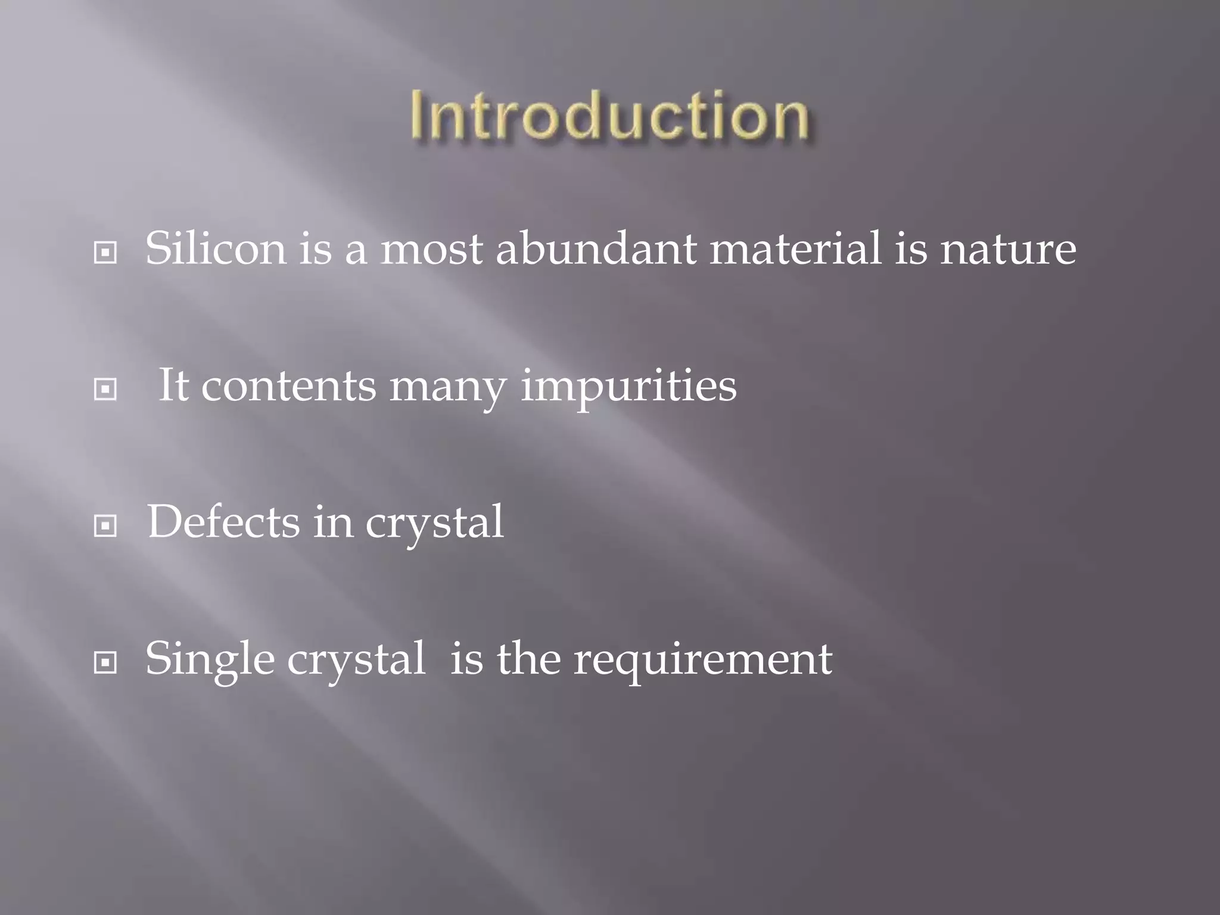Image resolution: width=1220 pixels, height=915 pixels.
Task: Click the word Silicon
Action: (x=216, y=248)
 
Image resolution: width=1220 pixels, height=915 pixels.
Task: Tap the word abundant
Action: (x=596, y=248)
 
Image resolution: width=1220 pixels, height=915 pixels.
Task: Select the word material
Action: (x=795, y=248)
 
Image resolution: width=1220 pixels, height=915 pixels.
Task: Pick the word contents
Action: (x=289, y=386)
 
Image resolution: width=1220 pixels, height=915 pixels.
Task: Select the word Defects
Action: (x=223, y=522)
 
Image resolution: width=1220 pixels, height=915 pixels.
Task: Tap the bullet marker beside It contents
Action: (x=105, y=390)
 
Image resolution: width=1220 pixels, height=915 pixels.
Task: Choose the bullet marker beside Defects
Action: (x=105, y=526)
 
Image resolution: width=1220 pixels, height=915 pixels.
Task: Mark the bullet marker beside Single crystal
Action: (x=105, y=662)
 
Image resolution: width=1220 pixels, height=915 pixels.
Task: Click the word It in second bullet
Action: (x=173, y=385)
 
